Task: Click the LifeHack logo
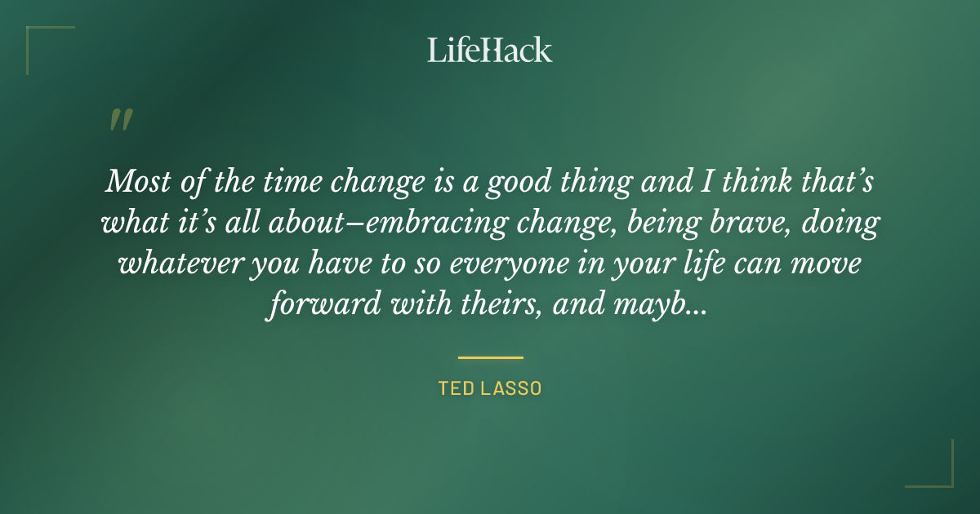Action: coord(489,50)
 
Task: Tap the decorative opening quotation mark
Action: coord(120,120)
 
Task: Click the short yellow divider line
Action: coord(490,357)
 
